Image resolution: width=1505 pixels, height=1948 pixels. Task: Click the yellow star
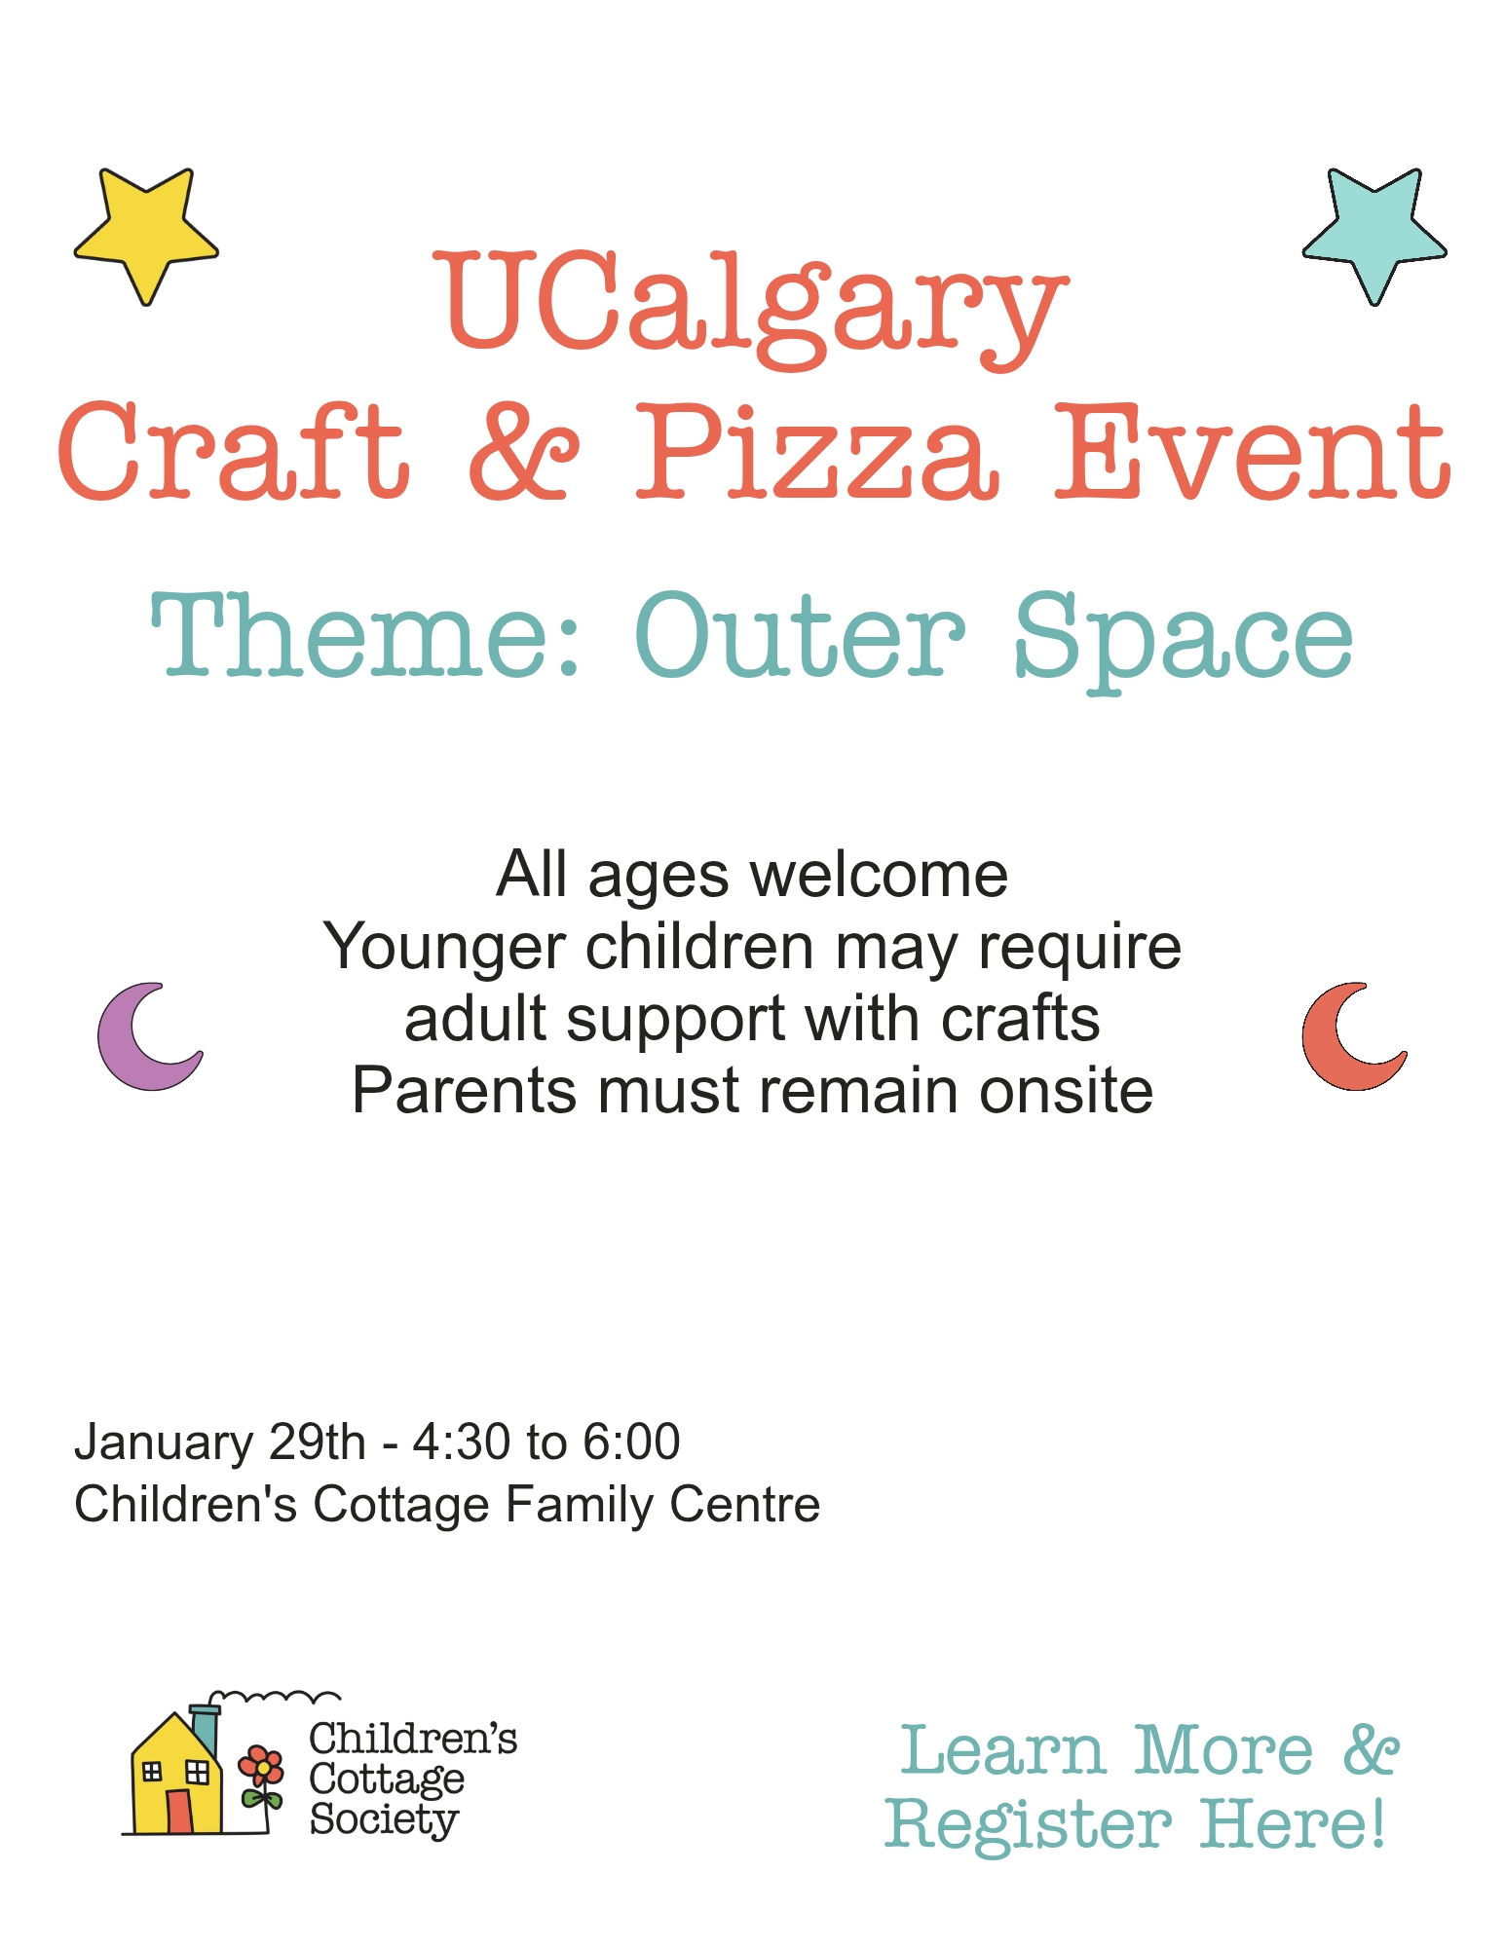coord(146,234)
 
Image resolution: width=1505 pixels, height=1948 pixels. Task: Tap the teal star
coord(1374,234)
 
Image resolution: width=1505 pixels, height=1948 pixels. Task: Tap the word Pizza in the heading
coord(816,452)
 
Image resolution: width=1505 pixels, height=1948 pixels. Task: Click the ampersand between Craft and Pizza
coord(523,452)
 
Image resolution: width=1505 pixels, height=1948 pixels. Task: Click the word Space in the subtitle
coord(1184,643)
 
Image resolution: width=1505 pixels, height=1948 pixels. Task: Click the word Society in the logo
coord(384,1819)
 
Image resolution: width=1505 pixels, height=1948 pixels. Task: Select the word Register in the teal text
coord(1029,1823)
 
